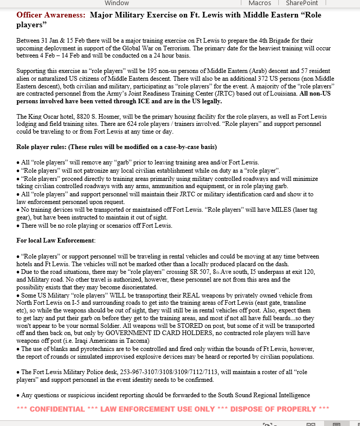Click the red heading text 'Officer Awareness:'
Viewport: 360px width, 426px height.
pos(51,15)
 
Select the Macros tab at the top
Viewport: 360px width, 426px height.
pos(259,3)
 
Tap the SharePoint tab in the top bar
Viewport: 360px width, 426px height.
pos(302,3)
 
